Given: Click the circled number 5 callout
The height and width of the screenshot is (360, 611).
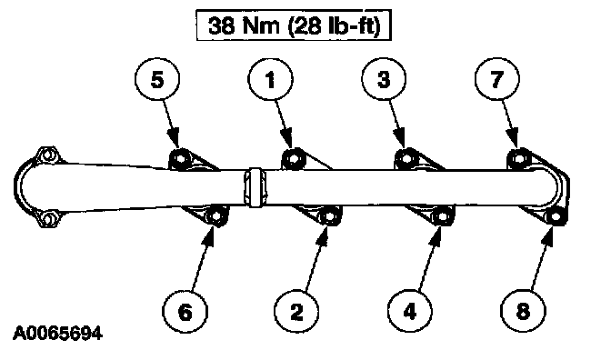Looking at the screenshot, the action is pyautogui.click(x=157, y=79).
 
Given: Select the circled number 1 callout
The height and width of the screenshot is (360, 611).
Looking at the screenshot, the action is pyautogui.click(x=270, y=79).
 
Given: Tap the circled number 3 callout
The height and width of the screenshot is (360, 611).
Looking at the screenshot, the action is pyautogui.click(x=384, y=79).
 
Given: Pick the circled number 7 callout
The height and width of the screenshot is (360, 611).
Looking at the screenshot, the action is pyautogui.click(x=496, y=79).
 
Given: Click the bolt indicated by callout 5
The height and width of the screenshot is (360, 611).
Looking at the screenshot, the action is pyautogui.click(x=180, y=159).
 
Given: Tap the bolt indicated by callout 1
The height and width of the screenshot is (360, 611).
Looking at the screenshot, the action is pyautogui.click(x=292, y=158).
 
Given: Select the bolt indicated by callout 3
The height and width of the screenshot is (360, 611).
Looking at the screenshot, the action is pyautogui.click(x=406, y=158).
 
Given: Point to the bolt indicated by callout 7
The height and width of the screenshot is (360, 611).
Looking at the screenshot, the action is pyautogui.click(x=518, y=158).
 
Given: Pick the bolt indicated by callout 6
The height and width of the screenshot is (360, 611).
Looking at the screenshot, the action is pyautogui.click(x=215, y=216).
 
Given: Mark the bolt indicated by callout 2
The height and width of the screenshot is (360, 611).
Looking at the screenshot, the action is pyautogui.click(x=329, y=216).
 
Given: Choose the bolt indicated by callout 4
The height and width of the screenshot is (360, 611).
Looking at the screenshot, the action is pyautogui.click(x=442, y=216).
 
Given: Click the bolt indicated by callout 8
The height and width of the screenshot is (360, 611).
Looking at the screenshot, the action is pyautogui.click(x=555, y=216).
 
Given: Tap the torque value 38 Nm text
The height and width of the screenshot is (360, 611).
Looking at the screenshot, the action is pyautogui.click(x=245, y=25).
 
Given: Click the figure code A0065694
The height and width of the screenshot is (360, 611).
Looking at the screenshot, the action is pyautogui.click(x=57, y=334).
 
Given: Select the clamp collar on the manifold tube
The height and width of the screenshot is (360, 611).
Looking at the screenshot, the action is pyautogui.click(x=255, y=187).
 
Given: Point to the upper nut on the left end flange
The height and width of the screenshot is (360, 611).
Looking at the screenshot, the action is pyautogui.click(x=47, y=156).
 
